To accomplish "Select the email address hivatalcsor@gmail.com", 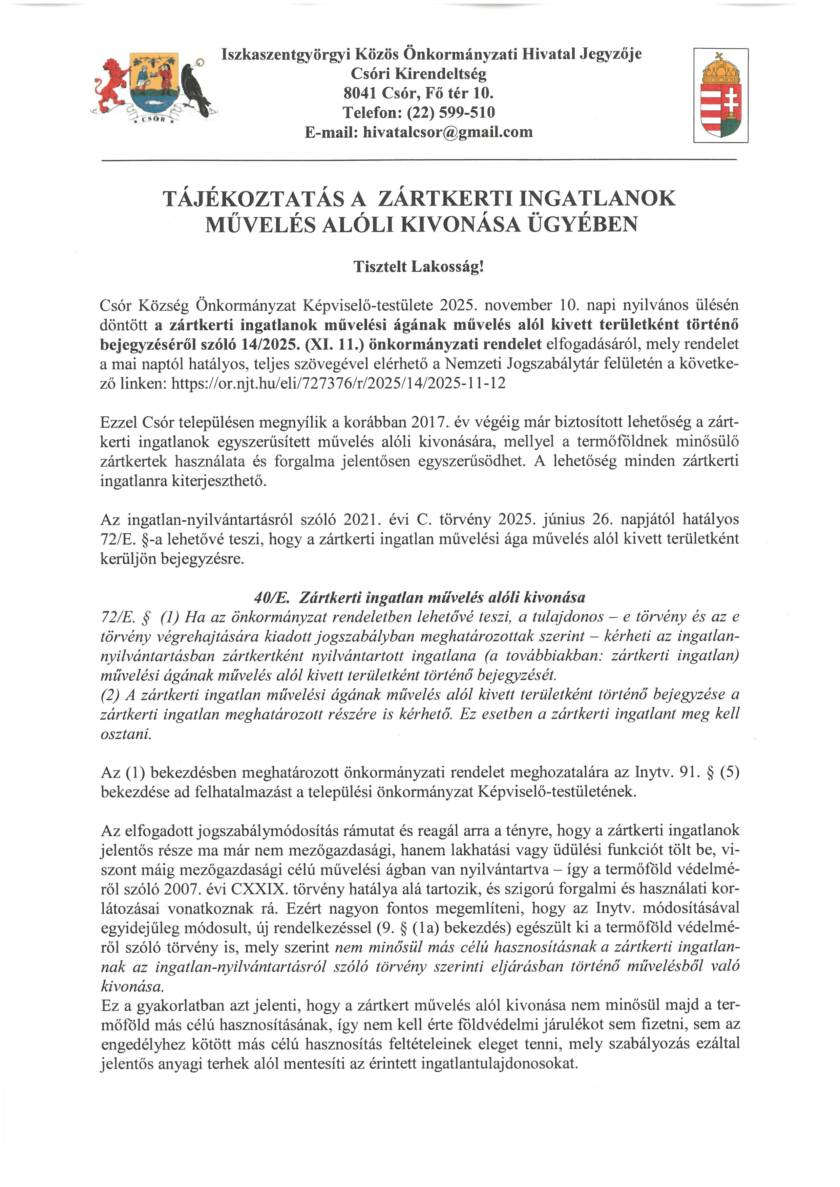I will click(447, 132).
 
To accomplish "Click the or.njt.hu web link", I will click(338, 383).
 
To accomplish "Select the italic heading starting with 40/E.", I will click(419, 598).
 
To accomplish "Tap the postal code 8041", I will click(360, 93).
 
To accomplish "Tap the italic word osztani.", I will click(126, 734).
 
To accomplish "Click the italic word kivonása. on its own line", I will click(132, 986).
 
